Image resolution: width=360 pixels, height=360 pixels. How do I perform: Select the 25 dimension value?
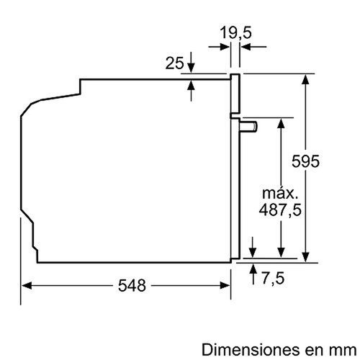[175, 64]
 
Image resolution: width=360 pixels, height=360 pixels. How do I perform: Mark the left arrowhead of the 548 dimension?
[24, 285]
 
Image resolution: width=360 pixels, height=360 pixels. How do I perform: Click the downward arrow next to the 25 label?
[192, 68]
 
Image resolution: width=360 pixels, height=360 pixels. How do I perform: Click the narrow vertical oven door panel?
[234, 166]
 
